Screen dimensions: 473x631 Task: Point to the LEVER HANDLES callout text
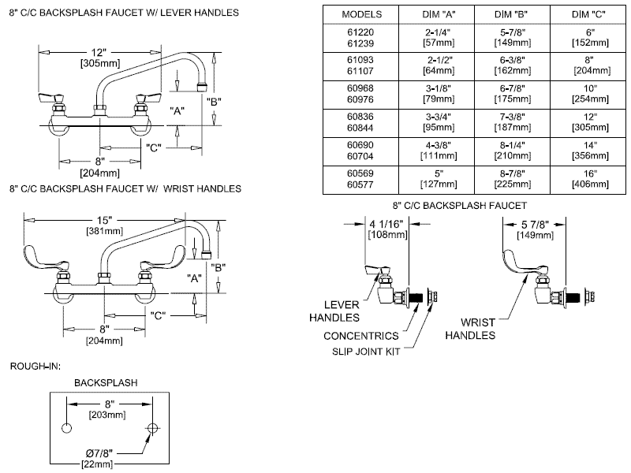click(340, 311)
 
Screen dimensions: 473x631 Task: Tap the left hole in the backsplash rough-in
click(66, 428)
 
